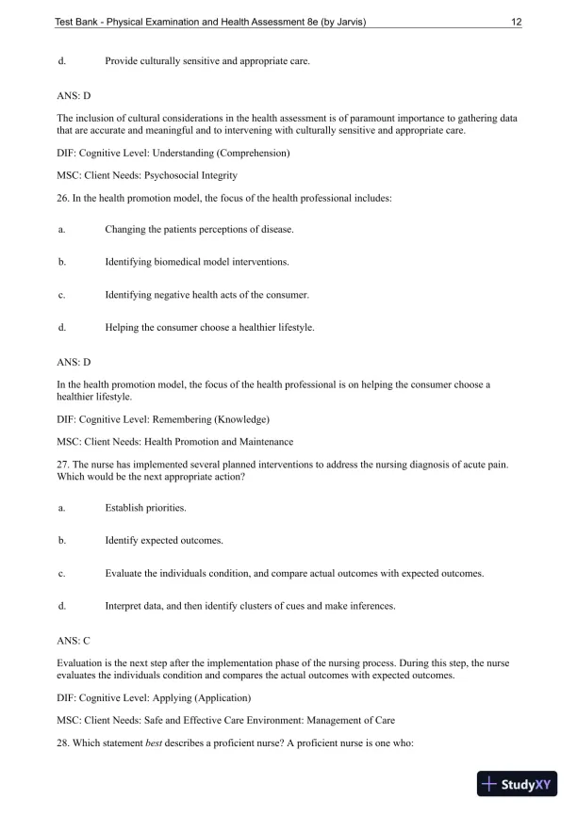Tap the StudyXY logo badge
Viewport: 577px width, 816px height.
click(x=517, y=784)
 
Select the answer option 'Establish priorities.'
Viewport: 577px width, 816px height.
click(x=145, y=508)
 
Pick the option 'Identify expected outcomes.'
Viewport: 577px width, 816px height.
click(x=164, y=541)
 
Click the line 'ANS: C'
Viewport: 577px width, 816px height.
click(x=74, y=640)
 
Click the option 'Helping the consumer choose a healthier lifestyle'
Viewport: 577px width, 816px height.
click(x=209, y=328)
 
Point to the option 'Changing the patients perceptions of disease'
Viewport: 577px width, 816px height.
click(x=199, y=229)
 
